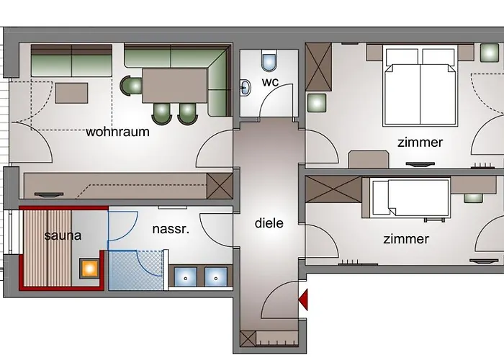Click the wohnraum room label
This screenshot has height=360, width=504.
[x=117, y=132]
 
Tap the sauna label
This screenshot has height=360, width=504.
[x=63, y=235]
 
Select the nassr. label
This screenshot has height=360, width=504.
[x=171, y=230]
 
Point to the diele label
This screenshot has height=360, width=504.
[x=269, y=223]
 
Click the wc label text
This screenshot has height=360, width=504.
[x=271, y=82]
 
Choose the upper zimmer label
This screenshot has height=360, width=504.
[x=420, y=143]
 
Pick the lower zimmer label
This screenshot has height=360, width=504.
[x=406, y=239]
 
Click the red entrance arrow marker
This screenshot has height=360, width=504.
[x=303, y=297]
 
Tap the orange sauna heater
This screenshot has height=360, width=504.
[x=89, y=269]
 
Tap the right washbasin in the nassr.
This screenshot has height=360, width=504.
[x=215, y=276]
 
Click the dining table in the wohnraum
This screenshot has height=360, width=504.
[x=175, y=85]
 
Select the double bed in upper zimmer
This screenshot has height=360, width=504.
[x=420, y=85]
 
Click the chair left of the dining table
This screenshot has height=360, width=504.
[x=132, y=86]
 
